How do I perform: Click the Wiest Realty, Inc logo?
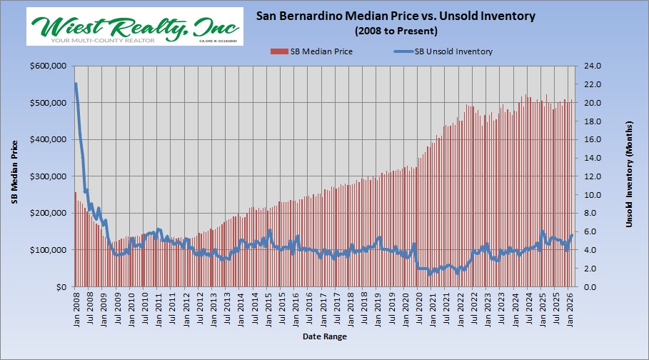click(x=135, y=28)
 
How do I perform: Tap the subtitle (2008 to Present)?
click(x=396, y=31)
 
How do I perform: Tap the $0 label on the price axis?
click(x=61, y=287)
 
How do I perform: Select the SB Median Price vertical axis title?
click(x=14, y=176)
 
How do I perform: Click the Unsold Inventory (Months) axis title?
click(x=630, y=176)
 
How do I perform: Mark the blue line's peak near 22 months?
click(x=76, y=84)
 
